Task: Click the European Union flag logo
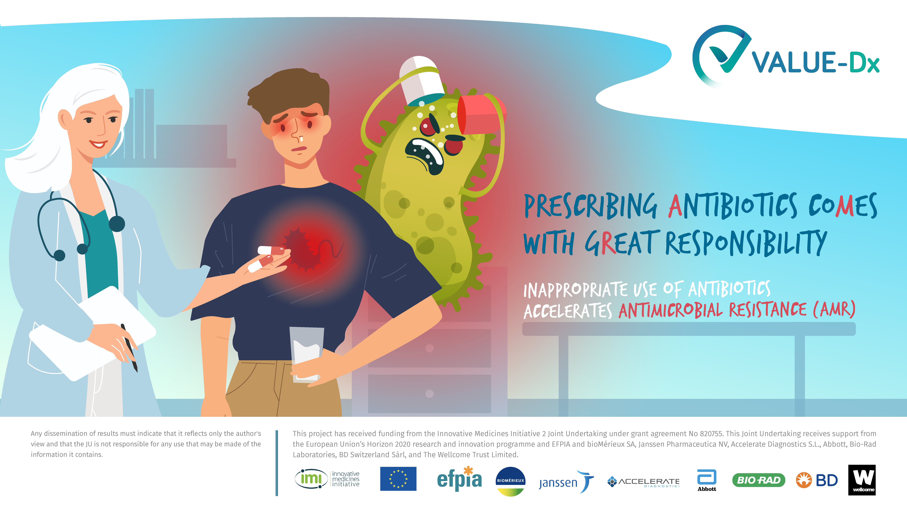click(398, 479)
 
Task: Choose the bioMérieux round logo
click(511, 481)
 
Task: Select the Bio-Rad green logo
click(759, 480)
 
